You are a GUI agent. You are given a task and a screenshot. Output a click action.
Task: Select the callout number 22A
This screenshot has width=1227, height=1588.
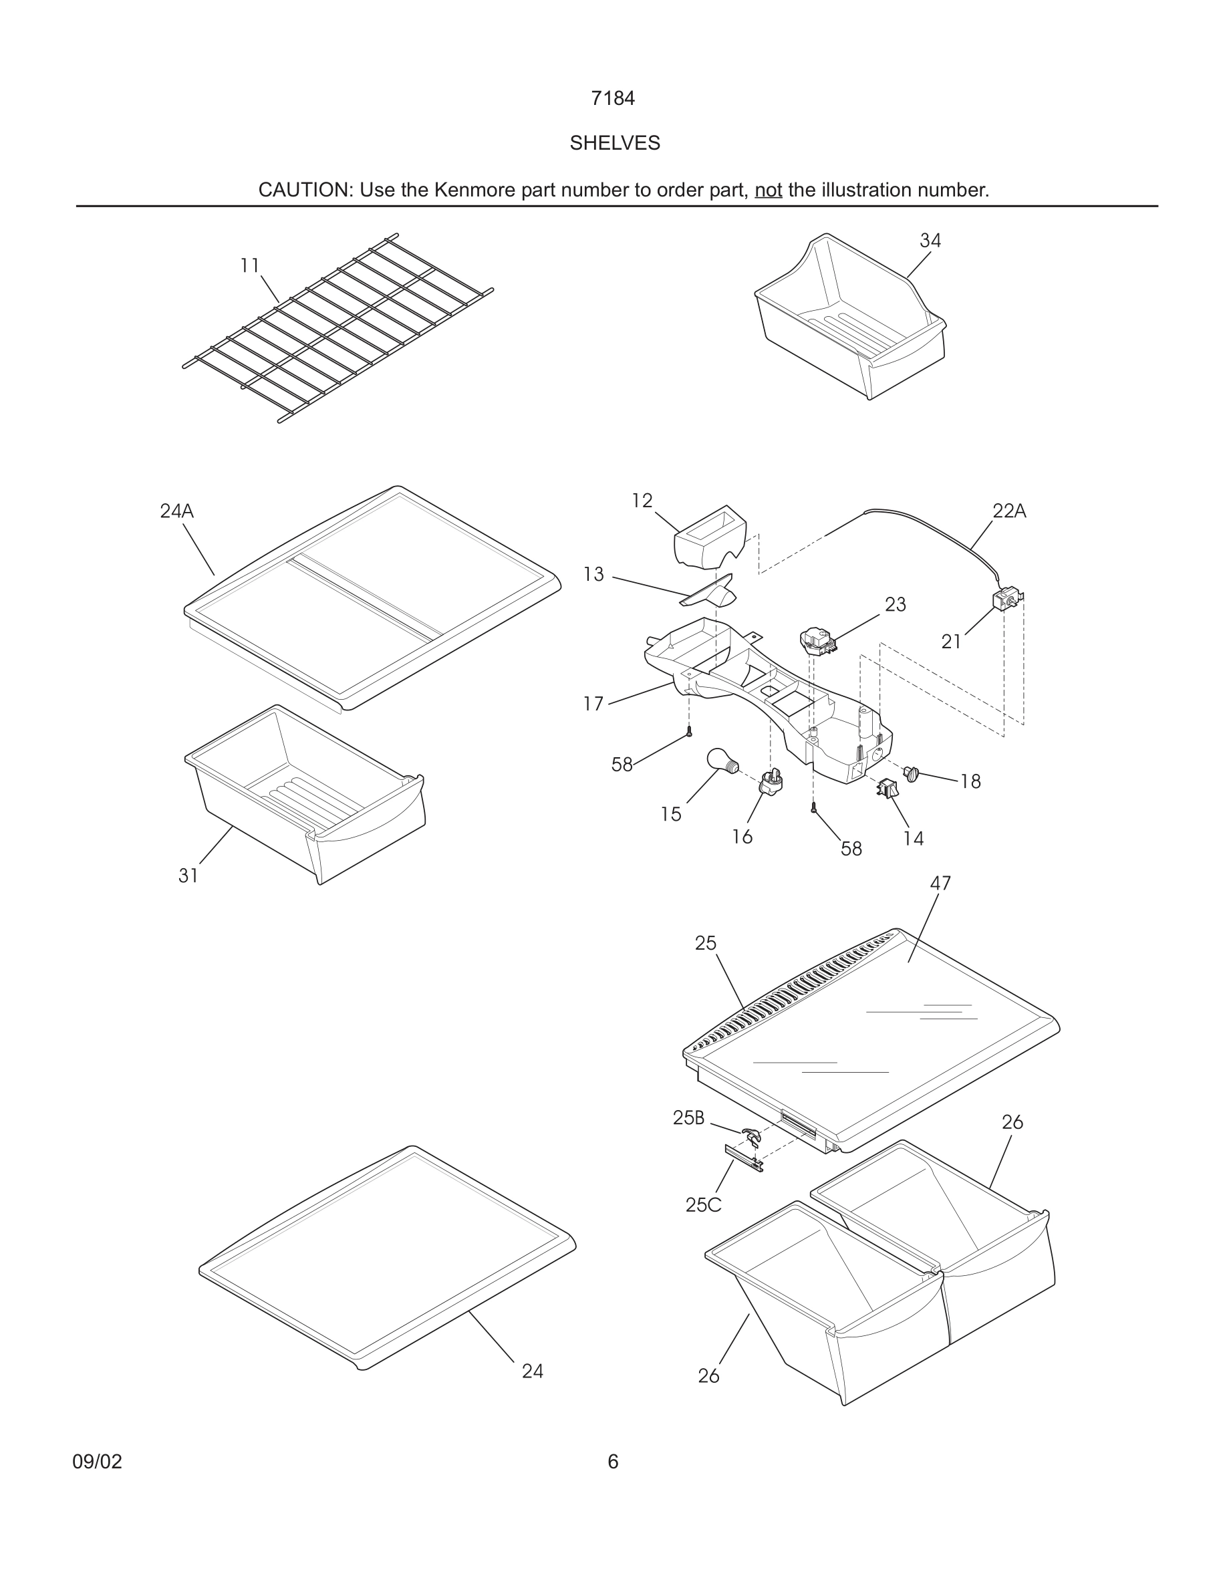pyautogui.click(x=1009, y=511)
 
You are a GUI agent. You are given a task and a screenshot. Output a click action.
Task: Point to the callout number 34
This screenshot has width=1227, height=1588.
pyautogui.click(x=930, y=241)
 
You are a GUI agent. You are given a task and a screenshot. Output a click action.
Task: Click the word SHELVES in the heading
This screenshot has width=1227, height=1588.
pyautogui.click(x=614, y=143)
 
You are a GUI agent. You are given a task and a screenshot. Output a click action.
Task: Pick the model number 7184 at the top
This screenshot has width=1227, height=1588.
pyautogui.click(x=613, y=98)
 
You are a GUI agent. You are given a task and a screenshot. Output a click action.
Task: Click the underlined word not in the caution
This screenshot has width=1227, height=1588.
pyautogui.click(x=768, y=190)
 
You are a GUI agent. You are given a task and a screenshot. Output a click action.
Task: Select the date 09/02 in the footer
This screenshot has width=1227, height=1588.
pyautogui.click(x=97, y=1462)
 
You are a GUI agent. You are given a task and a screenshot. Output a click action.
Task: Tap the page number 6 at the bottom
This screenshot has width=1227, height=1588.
pyautogui.click(x=613, y=1462)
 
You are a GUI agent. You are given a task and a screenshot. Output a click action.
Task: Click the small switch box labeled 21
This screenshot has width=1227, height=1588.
pyautogui.click(x=1004, y=600)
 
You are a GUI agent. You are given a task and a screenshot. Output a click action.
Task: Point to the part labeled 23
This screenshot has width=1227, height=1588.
pyautogui.click(x=817, y=640)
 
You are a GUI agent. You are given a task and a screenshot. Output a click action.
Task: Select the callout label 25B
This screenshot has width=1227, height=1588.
pyautogui.click(x=688, y=1117)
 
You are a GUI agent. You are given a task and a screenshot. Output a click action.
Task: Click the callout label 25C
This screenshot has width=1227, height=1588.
pyautogui.click(x=703, y=1205)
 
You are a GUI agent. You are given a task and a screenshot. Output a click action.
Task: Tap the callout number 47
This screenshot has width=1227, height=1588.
pyautogui.click(x=940, y=884)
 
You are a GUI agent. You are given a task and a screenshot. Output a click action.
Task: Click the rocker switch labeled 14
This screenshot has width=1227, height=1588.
pyautogui.click(x=887, y=788)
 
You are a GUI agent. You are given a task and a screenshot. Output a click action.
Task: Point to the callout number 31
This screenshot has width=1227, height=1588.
pyautogui.click(x=188, y=876)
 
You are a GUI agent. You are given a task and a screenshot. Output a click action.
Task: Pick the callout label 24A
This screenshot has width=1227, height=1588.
pyautogui.click(x=176, y=511)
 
